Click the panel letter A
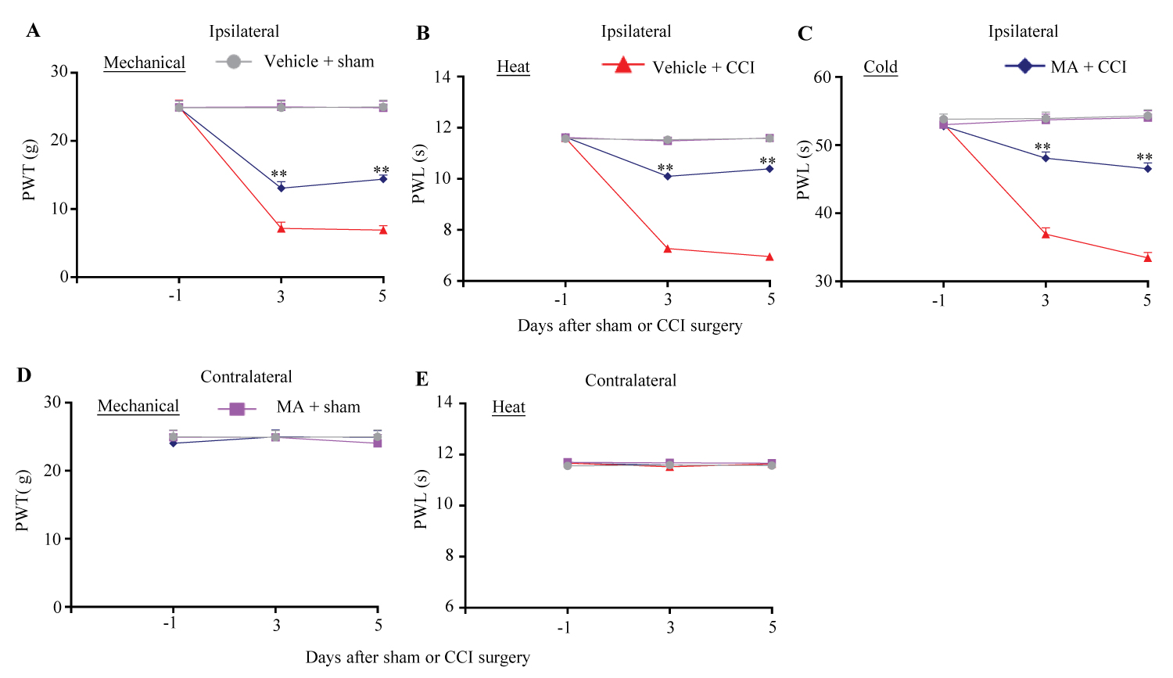[x=33, y=30]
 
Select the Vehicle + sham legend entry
[x=296, y=62]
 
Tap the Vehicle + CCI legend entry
[x=679, y=67]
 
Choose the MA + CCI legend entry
[x=1066, y=67]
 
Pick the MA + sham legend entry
[x=289, y=407]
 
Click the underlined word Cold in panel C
[x=881, y=67]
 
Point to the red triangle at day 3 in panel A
[x=281, y=228]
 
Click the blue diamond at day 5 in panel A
[x=383, y=179]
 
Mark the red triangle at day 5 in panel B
[x=769, y=256]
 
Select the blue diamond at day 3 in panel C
[x=1046, y=158]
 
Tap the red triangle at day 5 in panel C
[x=1148, y=257]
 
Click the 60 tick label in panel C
[x=822, y=77]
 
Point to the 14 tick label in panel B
[x=443, y=77]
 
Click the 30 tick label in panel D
[x=52, y=402]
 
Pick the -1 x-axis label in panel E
[x=564, y=627]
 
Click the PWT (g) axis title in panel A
[x=30, y=170]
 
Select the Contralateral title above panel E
[x=630, y=381]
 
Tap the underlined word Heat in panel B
[x=513, y=67]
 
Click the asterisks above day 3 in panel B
[x=665, y=168]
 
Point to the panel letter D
[x=24, y=375]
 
